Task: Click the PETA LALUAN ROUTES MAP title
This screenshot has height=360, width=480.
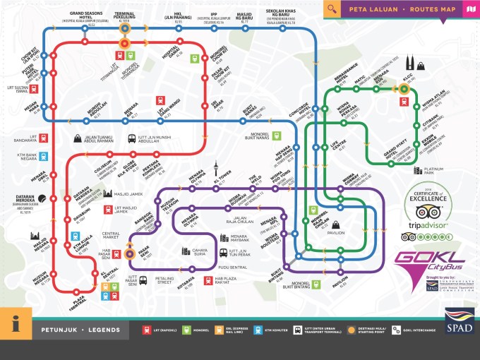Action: click(400, 9)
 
